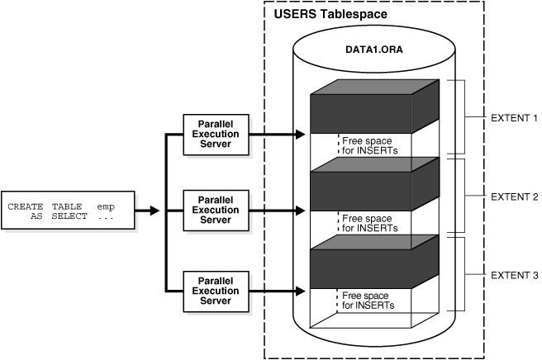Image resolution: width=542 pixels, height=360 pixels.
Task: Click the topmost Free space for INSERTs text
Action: tap(369, 145)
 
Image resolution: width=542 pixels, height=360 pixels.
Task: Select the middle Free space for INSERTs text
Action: tap(369, 224)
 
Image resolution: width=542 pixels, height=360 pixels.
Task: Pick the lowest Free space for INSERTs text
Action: tap(369, 301)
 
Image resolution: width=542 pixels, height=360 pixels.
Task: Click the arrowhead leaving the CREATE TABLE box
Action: tap(155, 211)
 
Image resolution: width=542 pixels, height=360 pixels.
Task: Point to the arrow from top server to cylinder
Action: tap(273, 132)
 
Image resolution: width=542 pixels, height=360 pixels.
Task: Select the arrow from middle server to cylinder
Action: tap(273, 211)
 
